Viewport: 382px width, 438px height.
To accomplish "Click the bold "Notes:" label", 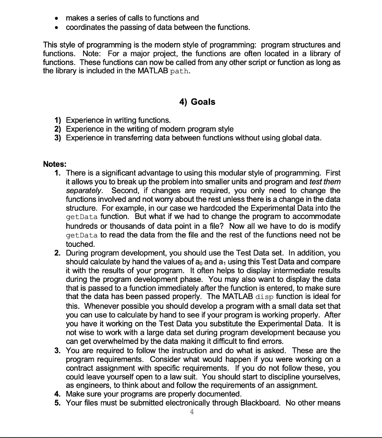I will point(54,164).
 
